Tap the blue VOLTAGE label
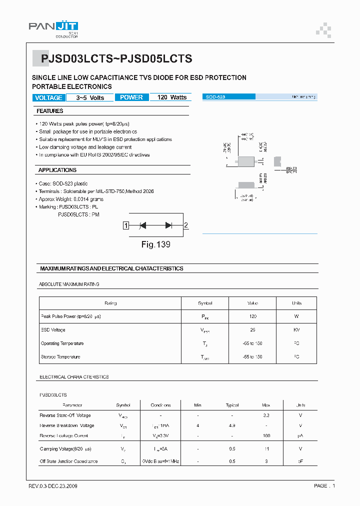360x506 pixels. point(48,97)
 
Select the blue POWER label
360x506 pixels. point(131,97)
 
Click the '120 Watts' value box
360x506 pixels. point(171,97)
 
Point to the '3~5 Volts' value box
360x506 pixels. point(90,97)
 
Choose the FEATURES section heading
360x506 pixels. point(50,111)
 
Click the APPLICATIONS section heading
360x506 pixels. point(57,170)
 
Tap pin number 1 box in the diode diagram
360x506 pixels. point(126,225)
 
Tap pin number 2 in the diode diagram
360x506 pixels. point(186,225)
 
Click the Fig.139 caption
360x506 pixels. point(155,244)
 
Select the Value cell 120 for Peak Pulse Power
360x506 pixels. point(252,316)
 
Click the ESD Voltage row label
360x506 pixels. point(53,330)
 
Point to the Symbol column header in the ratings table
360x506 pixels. point(205,303)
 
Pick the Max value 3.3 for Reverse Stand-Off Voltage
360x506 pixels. point(266,415)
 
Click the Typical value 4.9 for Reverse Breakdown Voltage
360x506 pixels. point(232,425)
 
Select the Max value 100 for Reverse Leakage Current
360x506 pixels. point(266,436)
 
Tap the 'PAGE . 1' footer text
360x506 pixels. point(325,486)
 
